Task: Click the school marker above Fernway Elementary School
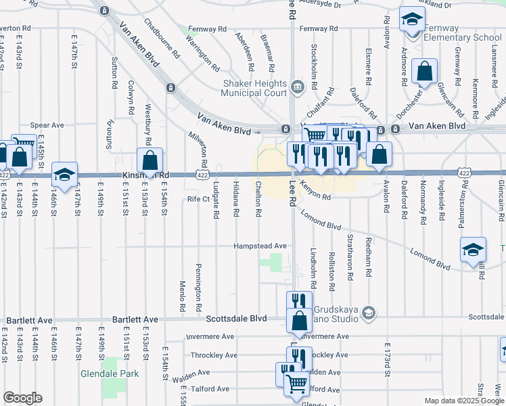[411, 20]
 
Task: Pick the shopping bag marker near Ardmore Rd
[424, 71]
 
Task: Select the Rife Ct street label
[199, 199]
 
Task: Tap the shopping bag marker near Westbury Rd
[149, 160]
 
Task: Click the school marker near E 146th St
[64, 175]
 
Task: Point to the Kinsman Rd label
[145, 175]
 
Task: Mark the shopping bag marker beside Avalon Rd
[379, 154]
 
